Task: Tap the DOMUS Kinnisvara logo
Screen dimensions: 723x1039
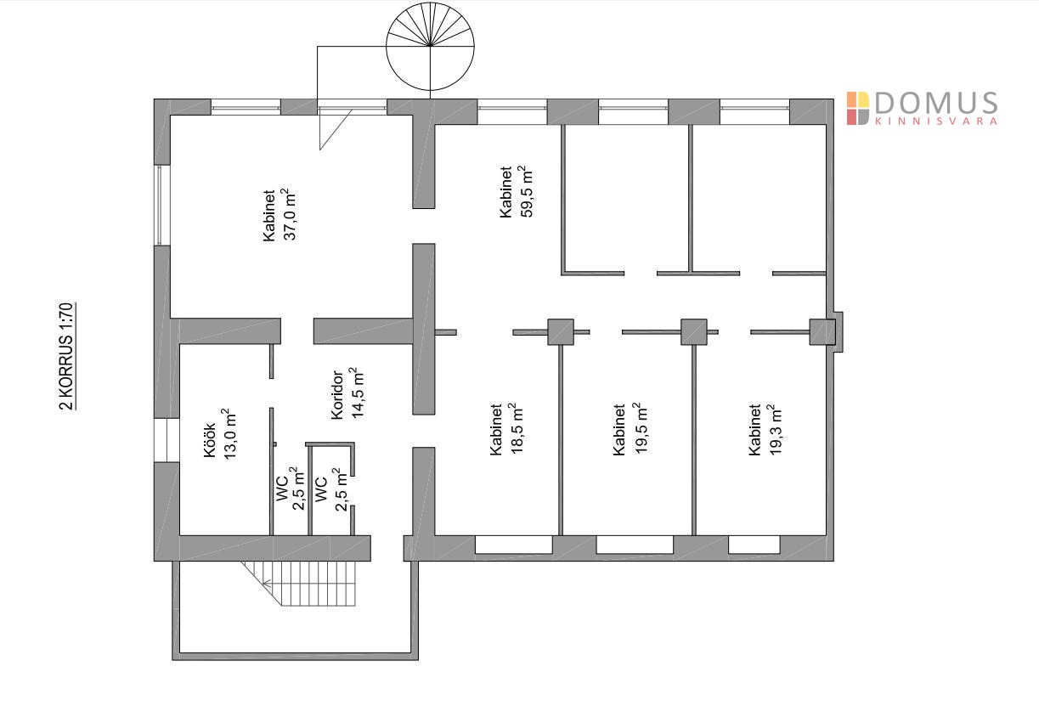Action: tap(922, 108)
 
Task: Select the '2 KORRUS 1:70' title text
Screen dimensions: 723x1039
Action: tap(67, 356)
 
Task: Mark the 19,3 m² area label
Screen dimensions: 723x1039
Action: tap(774, 430)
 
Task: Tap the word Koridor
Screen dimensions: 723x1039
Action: tap(336, 394)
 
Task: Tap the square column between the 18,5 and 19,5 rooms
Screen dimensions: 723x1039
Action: tap(561, 331)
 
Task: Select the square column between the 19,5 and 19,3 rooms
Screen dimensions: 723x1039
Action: tap(694, 331)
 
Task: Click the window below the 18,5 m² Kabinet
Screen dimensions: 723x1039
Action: tap(513, 545)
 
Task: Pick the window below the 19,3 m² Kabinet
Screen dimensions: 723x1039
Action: tap(754, 545)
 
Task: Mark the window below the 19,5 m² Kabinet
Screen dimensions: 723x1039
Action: tap(635, 545)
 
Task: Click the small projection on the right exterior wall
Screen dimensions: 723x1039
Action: tap(839, 331)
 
